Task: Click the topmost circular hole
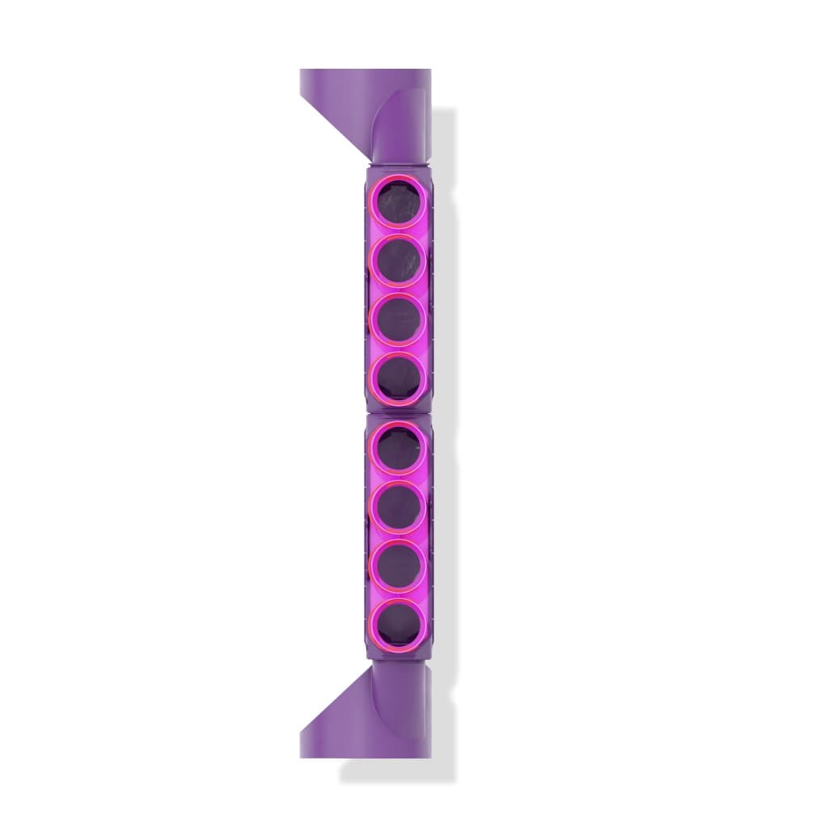pos(397,203)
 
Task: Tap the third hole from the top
pos(397,319)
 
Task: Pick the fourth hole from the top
pos(397,378)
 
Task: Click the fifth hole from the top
pos(397,448)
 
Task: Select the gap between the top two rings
pos(397,233)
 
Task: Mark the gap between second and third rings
pos(397,291)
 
